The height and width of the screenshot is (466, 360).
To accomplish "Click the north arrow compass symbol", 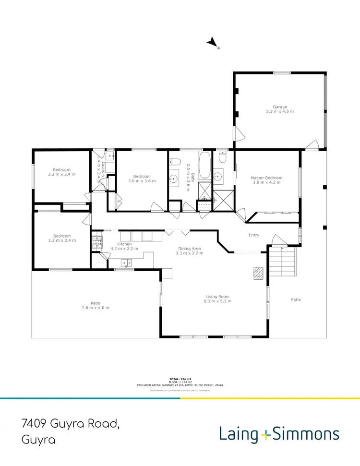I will [213, 44].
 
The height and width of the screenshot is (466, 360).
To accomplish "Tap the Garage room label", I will [280, 107].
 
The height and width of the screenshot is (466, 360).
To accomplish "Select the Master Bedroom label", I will [267, 178].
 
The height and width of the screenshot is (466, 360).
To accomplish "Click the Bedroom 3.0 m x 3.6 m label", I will [142, 176].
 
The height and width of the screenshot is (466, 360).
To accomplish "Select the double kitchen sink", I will [127, 262].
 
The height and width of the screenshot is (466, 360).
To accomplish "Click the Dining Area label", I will [189, 249].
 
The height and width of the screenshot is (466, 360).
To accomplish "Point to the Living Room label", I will [218, 297].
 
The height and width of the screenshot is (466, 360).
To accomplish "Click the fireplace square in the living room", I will [259, 273].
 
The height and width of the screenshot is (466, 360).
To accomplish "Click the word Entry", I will [253, 235].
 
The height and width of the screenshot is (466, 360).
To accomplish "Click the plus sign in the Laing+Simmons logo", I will [266, 435].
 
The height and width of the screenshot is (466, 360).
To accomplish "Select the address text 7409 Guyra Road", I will [70, 424].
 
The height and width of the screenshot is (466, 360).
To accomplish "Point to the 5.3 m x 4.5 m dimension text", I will [280, 111].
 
